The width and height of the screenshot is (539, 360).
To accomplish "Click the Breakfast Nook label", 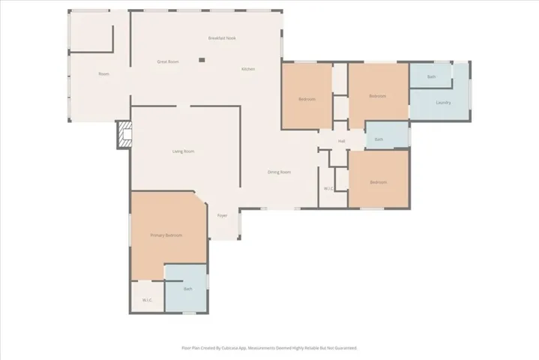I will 222,37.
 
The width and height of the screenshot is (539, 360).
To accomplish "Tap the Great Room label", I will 167,61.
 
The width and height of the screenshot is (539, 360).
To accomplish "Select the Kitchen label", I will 248,69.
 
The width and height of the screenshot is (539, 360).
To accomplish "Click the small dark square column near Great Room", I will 201,60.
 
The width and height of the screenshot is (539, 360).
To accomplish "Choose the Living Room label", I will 184,151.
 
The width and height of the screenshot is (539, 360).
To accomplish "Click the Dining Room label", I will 279,172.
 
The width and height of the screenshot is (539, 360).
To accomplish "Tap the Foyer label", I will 222,215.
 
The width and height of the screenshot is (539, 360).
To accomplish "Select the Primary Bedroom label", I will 166,235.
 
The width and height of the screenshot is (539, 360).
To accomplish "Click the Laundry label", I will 443,102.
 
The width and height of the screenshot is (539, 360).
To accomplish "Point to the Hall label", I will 341,141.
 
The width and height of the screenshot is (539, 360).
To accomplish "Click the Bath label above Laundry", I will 431,77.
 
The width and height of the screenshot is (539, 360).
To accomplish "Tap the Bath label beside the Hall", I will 379,139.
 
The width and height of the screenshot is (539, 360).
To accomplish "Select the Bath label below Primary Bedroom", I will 187,289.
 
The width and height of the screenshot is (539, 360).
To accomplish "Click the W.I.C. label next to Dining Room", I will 328,188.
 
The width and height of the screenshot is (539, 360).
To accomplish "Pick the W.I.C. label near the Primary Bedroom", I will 148,301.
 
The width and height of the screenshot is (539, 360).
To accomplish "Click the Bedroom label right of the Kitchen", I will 307,99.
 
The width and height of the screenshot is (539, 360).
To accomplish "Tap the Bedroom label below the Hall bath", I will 378,182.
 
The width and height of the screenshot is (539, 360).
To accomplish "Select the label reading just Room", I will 103,73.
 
